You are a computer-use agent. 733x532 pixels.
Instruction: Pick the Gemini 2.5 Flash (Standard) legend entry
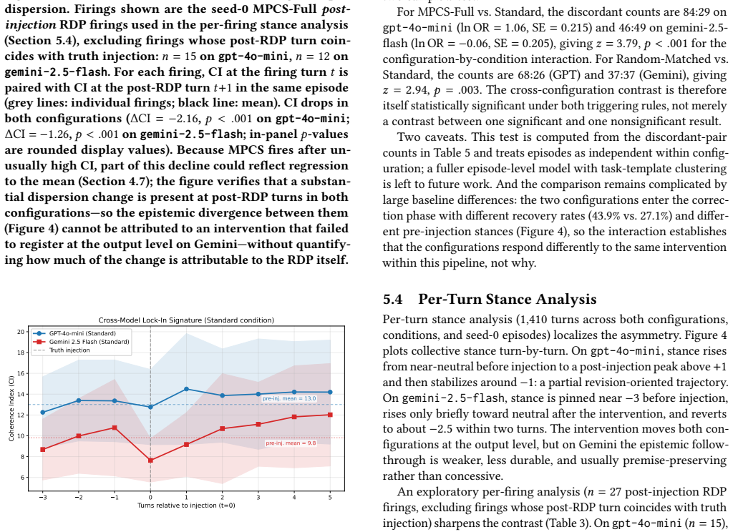point(81,342)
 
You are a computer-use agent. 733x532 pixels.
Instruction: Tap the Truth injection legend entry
point(62,350)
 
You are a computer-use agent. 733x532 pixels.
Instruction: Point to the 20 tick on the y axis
point(21,332)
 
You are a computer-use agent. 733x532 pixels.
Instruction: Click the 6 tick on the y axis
point(22,478)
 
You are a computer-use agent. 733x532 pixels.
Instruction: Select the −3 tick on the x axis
point(42,498)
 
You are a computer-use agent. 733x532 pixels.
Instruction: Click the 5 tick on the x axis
point(330,498)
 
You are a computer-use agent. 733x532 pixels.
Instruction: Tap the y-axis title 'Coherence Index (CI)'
point(11,409)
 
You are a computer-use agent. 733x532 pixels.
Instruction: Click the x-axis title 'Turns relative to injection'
point(186,506)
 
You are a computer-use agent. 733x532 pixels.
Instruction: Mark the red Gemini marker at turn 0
point(150,460)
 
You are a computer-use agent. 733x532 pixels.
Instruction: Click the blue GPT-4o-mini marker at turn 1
point(186,389)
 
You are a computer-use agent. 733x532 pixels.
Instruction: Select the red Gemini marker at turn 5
point(330,415)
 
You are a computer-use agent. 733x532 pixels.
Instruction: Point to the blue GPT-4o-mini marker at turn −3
point(42,413)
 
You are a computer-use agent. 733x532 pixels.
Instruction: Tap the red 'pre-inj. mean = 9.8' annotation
point(291,443)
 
